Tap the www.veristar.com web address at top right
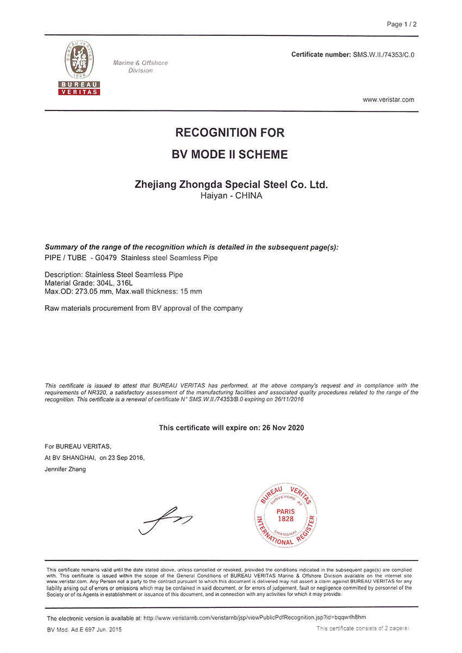388,100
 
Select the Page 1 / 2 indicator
402,24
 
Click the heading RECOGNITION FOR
230,133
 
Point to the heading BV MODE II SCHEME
230,155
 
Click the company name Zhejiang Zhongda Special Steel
231,185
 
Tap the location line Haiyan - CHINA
231,196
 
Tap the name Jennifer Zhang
65,469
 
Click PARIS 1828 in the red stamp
285,515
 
